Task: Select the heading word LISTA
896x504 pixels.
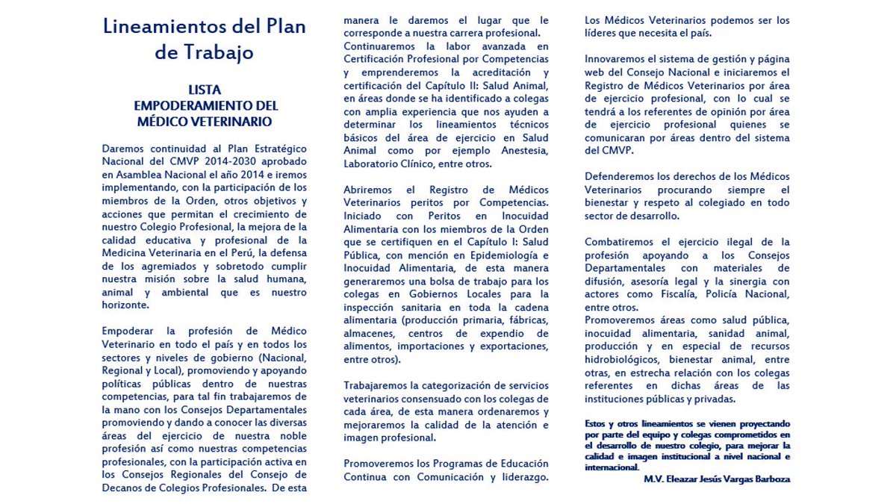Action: (x=204, y=90)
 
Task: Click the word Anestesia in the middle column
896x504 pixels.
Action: (x=525, y=150)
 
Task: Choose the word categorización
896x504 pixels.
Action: (x=452, y=385)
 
